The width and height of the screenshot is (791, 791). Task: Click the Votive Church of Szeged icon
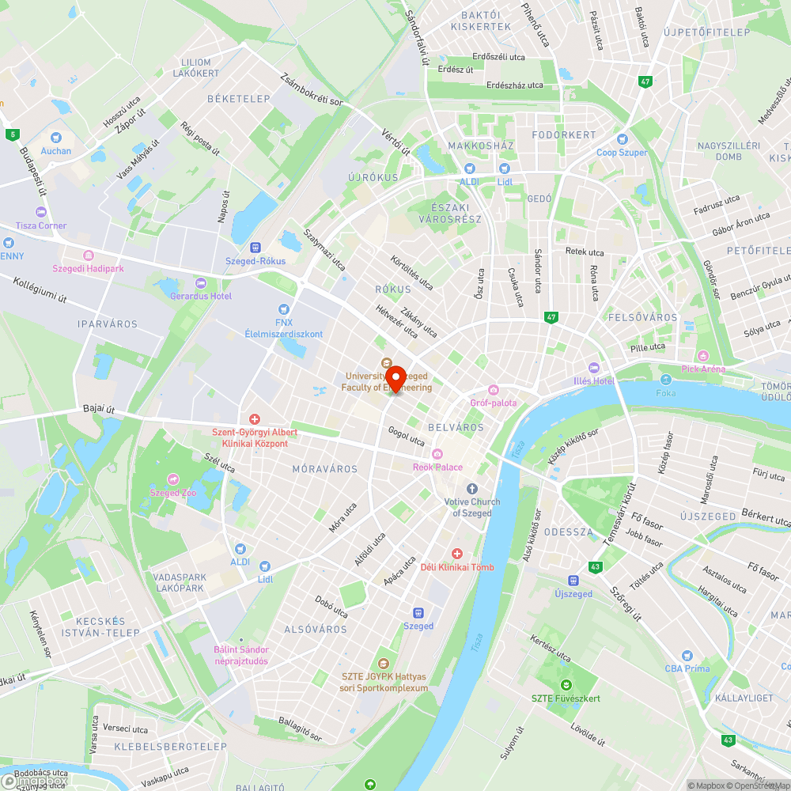tap(472, 489)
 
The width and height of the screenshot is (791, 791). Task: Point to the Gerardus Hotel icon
tap(200, 282)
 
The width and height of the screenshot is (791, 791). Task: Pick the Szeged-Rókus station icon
tap(255, 248)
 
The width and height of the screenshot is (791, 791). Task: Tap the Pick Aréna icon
tap(702, 356)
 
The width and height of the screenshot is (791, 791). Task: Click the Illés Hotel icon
tap(594, 368)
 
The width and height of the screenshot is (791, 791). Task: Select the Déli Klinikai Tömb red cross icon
tap(457, 554)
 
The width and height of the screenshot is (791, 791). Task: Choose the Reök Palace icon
tap(437, 454)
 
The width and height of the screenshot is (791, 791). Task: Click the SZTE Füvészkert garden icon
tap(566, 685)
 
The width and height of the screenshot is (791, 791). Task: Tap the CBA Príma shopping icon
tap(687, 656)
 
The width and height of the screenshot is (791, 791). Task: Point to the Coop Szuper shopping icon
tap(622, 139)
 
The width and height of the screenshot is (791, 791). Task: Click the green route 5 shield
tap(12, 134)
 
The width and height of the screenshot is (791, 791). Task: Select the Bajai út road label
tap(99, 409)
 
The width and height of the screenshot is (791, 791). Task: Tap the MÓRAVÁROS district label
tap(324, 469)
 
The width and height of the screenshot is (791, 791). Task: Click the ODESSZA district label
tap(568, 532)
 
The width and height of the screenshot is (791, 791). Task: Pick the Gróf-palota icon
tap(494, 390)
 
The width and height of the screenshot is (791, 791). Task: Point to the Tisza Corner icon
tap(41, 212)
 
